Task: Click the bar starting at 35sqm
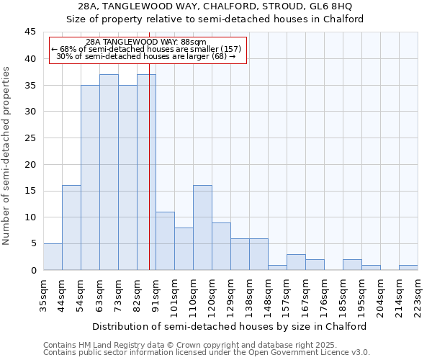[53, 257]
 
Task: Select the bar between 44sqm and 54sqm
[71, 228]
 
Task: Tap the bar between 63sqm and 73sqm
[109, 172]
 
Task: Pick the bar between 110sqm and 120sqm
[202, 228]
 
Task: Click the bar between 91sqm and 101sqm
[165, 240]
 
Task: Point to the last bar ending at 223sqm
[408, 267]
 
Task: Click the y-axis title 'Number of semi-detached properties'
[7, 156]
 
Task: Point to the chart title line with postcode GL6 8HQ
[215, 6]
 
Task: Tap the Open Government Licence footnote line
[207, 353]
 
